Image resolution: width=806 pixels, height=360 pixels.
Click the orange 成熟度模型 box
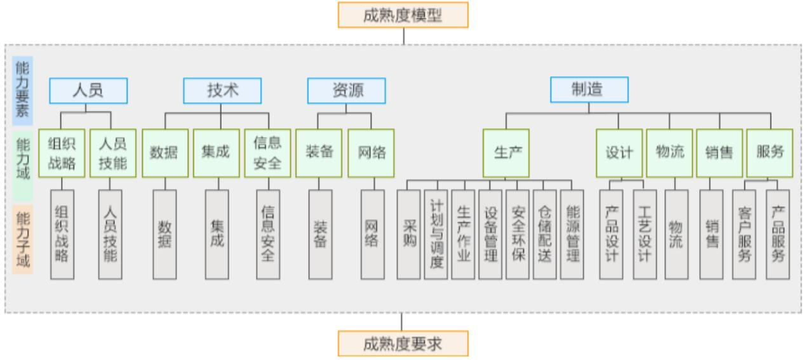coord(403,15)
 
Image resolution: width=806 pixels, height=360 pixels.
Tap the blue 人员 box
coord(88,91)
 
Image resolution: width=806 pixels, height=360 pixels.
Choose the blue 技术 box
coord(222,91)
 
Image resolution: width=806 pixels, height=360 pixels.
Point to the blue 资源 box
coord(346,91)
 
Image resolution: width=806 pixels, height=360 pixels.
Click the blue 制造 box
coord(589,90)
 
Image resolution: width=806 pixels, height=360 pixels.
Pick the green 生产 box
coord(506,153)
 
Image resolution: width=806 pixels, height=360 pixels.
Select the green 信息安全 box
coord(267,153)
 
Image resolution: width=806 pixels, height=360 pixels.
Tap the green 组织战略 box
coord(62,153)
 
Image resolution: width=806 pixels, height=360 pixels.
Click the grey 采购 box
coord(408,234)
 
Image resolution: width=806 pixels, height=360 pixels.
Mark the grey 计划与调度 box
coord(436,234)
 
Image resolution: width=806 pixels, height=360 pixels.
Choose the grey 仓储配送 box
coord(545,234)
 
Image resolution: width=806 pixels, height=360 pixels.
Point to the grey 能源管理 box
coord(572,234)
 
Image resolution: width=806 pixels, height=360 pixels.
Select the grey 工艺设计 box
coord(645,234)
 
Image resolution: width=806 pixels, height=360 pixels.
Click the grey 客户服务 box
coord(744,234)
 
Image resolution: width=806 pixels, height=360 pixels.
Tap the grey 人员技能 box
coord(111,234)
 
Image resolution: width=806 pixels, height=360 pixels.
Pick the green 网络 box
coord(371,153)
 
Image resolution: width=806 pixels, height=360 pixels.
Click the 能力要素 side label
coord(22,90)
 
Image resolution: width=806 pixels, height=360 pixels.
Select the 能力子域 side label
coord(22,238)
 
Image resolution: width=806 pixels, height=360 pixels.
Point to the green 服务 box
coord(770,153)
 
